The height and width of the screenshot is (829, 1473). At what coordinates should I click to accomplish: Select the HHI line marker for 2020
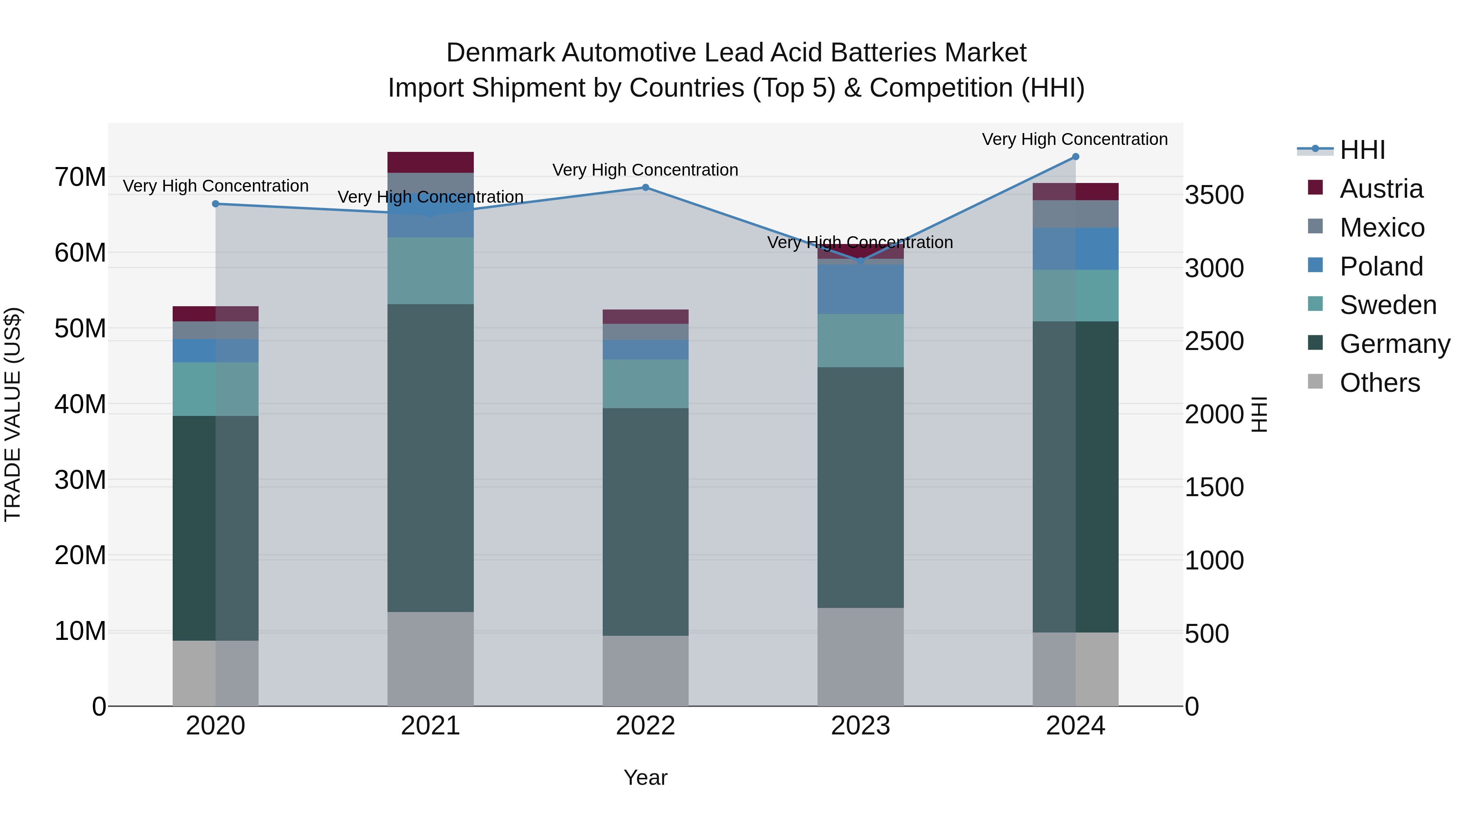click(x=216, y=204)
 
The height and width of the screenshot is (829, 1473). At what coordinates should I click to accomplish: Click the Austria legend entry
click(x=1381, y=189)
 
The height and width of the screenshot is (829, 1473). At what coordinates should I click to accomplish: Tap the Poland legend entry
click(x=1381, y=267)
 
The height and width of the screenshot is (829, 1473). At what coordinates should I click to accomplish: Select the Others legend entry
click(x=1379, y=383)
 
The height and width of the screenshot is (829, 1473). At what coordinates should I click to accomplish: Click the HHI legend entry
click(x=1362, y=150)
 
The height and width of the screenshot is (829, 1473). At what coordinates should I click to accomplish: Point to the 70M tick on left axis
click(x=80, y=177)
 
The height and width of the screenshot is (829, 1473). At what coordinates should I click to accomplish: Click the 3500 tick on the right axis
click(x=1214, y=195)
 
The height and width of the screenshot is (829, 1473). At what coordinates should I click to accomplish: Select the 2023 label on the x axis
click(x=860, y=726)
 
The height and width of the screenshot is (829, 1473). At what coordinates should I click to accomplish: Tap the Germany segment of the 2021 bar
click(x=430, y=458)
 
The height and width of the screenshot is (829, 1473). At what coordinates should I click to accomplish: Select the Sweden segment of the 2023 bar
click(x=860, y=341)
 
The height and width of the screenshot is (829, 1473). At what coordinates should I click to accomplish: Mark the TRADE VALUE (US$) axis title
click(x=13, y=414)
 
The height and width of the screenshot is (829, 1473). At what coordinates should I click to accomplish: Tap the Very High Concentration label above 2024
click(x=1074, y=140)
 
